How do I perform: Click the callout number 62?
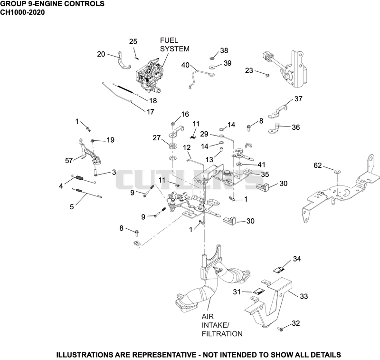[317, 165]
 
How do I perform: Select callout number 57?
[69, 160]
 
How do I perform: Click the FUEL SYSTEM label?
[174, 45]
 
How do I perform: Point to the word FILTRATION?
[222, 334]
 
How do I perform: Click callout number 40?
[185, 65]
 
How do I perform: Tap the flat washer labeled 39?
[212, 67]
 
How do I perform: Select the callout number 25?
[133, 42]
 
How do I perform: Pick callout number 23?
[249, 70]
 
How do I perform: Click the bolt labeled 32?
[281, 330]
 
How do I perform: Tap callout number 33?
[304, 296]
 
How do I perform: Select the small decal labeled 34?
[279, 270]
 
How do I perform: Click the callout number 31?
[237, 292]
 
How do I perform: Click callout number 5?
[72, 207]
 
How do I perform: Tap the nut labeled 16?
[173, 124]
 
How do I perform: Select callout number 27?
[157, 138]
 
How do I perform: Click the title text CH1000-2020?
[22, 12]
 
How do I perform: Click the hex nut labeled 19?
[93, 141]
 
